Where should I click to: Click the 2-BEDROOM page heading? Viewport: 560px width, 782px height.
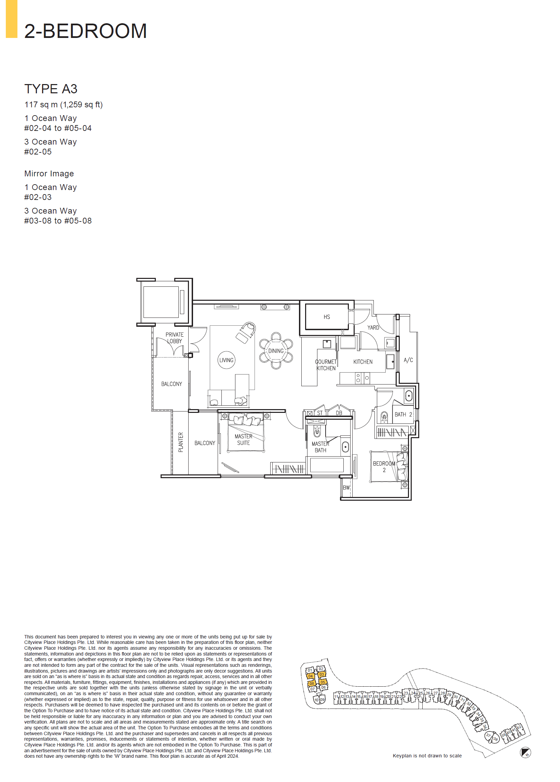85,31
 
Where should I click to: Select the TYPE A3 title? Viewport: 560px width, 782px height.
51,89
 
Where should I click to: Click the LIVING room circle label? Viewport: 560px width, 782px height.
226,360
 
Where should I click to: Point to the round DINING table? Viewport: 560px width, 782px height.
276,351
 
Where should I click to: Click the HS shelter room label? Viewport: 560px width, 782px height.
326,317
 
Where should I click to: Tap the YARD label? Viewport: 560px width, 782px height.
373,327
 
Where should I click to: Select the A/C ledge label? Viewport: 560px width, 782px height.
408,360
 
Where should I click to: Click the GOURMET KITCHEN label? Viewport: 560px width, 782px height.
326,365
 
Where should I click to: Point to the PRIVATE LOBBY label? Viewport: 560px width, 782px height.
174,338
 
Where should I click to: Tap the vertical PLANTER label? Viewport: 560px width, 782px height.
181,442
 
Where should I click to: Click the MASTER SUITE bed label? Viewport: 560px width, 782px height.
243,439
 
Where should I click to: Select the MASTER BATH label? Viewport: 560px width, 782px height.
320,447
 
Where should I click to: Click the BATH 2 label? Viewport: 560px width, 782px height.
403,415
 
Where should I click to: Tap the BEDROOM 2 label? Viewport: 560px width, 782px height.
384,467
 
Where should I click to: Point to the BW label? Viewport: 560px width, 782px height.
346,487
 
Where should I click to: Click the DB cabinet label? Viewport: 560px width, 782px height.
339,413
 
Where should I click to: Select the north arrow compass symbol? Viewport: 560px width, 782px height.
525,752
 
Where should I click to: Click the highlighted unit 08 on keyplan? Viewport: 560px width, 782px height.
312,683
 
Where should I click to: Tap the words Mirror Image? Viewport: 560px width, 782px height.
49,173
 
